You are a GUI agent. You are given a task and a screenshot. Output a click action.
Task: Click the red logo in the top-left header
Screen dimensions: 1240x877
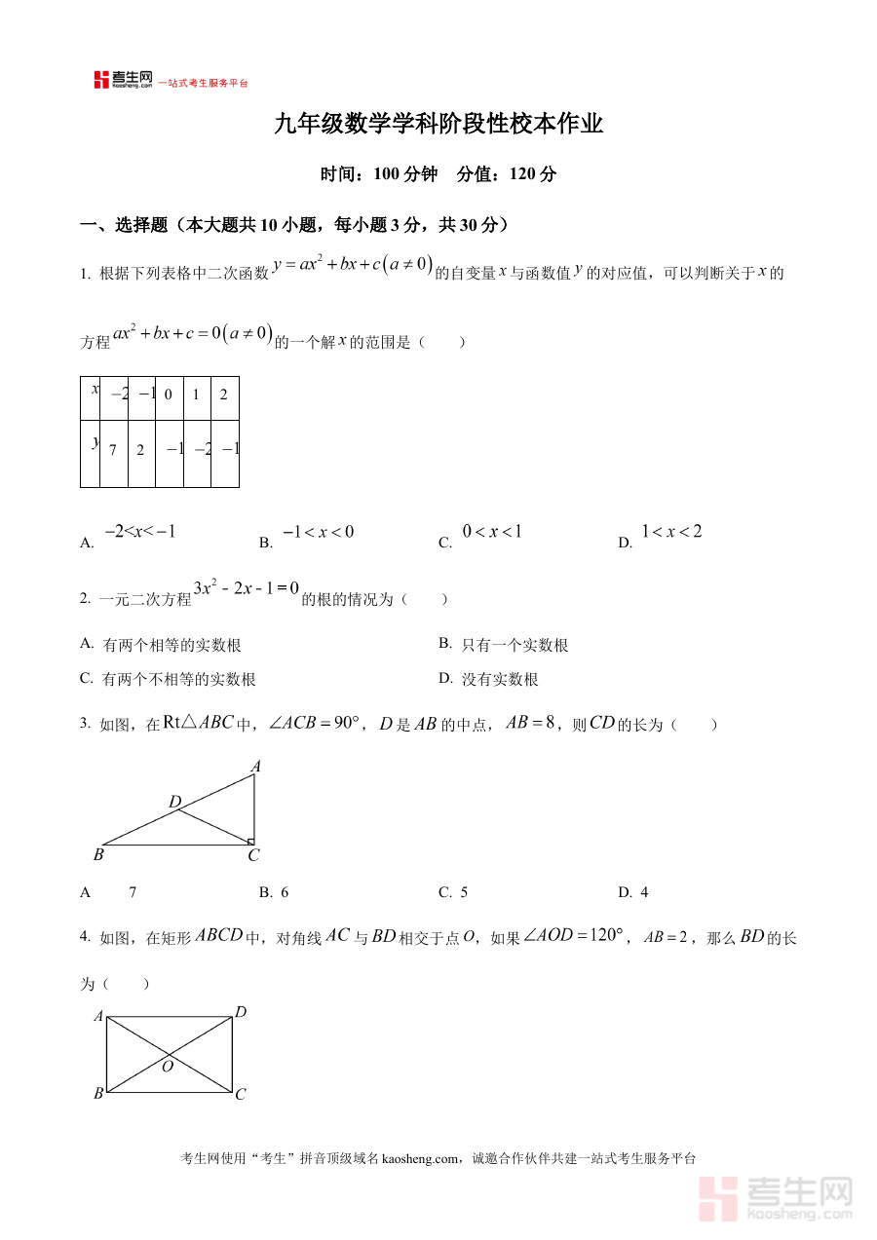(123, 80)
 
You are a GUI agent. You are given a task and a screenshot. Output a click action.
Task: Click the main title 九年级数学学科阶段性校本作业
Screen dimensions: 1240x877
(438, 125)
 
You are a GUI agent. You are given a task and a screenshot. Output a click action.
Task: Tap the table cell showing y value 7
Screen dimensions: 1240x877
(113, 450)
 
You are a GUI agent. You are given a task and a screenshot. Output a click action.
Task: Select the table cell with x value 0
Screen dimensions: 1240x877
(169, 395)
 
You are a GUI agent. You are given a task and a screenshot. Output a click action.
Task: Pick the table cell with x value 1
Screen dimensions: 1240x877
(196, 395)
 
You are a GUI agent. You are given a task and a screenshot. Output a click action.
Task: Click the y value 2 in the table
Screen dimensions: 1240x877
(140, 450)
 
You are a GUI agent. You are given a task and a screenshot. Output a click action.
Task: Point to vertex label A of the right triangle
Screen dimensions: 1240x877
(255, 767)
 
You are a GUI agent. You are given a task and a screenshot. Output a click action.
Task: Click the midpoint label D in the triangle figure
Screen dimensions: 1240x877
(174, 802)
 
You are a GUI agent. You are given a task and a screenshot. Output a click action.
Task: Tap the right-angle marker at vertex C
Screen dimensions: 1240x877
(250, 841)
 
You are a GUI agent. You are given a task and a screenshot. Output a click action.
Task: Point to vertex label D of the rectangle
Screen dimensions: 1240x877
(241, 1012)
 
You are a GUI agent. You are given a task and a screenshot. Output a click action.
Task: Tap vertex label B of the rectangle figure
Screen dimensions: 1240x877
(98, 1094)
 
